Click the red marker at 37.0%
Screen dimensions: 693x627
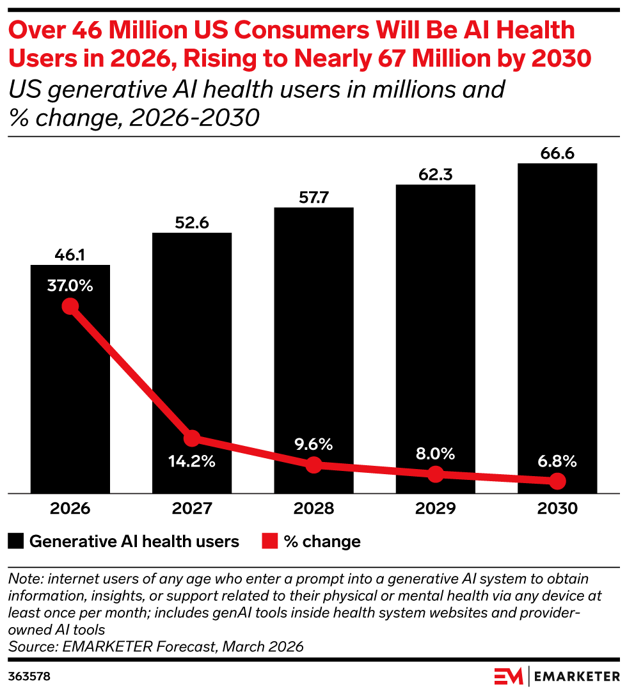click(x=70, y=306)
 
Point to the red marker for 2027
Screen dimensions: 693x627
click(x=192, y=438)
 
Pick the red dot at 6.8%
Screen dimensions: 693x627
click(x=557, y=481)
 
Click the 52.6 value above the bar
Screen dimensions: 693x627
click(x=192, y=223)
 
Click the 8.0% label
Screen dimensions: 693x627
click(x=435, y=454)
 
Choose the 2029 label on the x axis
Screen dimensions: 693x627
click(x=435, y=509)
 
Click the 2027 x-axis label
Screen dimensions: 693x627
click(x=192, y=509)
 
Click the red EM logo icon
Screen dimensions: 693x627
click(x=509, y=676)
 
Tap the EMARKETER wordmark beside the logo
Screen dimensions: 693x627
click(x=576, y=676)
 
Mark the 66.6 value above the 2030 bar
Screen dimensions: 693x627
click(x=557, y=154)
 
